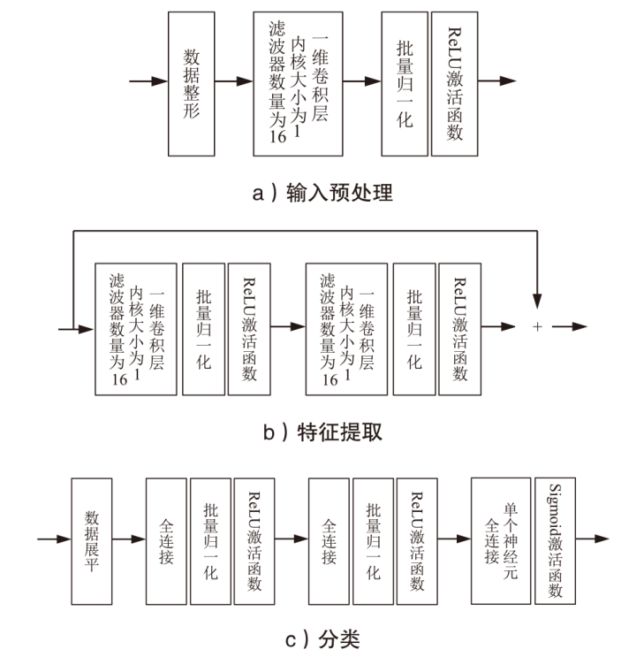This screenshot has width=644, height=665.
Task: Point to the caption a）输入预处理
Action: [x=322, y=193]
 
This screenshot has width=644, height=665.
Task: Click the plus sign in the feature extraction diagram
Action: [x=537, y=326]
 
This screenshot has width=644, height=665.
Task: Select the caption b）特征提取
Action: [x=322, y=432]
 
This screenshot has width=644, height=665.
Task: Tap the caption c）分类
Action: [x=322, y=639]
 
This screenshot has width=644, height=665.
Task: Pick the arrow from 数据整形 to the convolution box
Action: [x=234, y=81]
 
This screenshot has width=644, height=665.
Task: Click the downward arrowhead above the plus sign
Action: [x=537, y=301]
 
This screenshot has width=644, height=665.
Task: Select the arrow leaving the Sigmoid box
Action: [x=592, y=539]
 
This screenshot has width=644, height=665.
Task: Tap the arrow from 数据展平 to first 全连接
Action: [x=129, y=539]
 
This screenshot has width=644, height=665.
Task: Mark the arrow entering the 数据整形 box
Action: [x=148, y=81]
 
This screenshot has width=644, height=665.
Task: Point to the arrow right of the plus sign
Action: [x=570, y=326]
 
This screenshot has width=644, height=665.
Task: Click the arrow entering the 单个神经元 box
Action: [x=454, y=539]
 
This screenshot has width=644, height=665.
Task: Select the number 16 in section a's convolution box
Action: [x=278, y=136]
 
